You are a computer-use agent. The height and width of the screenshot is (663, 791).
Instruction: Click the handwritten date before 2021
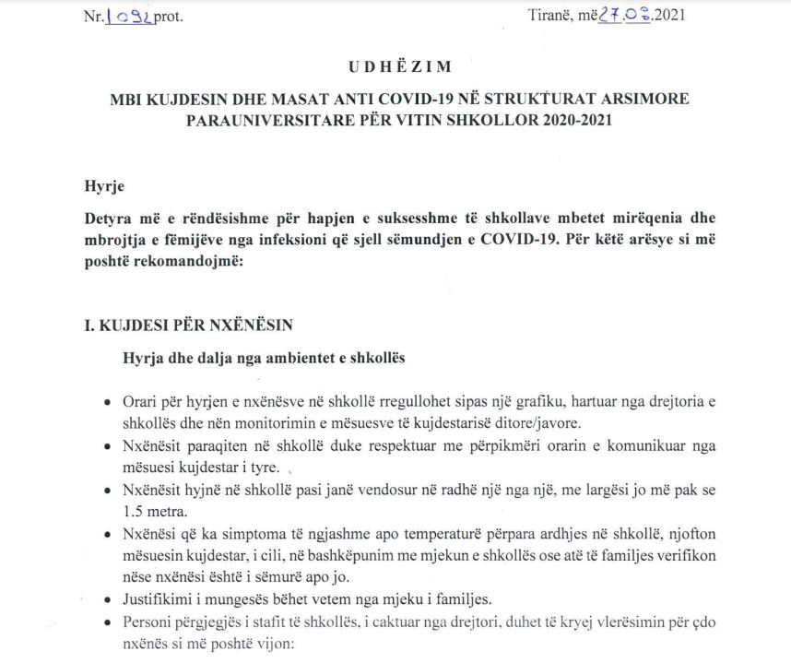coord(623,15)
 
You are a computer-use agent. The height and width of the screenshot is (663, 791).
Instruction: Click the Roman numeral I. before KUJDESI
coord(89,325)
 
